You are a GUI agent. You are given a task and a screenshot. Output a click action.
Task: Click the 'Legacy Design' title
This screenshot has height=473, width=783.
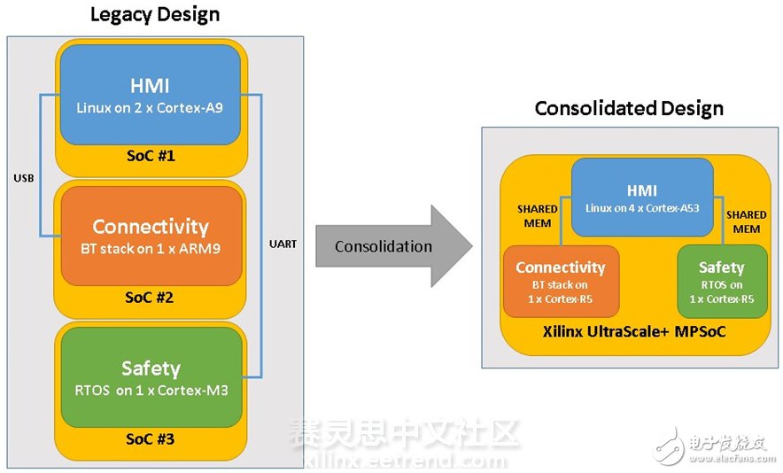(x=155, y=15)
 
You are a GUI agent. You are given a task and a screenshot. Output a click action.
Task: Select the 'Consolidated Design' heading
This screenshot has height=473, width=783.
(x=629, y=109)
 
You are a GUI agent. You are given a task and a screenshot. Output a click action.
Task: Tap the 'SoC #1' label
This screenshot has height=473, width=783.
(x=151, y=156)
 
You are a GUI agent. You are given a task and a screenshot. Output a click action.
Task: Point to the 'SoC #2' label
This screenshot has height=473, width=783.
(x=151, y=298)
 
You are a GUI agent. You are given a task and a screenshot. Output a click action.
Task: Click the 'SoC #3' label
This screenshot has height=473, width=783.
(x=151, y=438)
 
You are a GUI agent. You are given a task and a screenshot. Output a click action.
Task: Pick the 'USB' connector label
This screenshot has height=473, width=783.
(x=23, y=178)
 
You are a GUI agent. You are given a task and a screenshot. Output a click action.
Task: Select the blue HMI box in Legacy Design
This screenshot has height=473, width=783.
(x=151, y=94)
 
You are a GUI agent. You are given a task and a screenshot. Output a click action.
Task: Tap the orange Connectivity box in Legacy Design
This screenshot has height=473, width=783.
(x=151, y=236)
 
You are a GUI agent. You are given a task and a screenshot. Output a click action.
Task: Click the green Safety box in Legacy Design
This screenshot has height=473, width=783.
(x=151, y=376)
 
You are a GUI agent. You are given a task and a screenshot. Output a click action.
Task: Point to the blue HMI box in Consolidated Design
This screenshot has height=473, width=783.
(x=642, y=198)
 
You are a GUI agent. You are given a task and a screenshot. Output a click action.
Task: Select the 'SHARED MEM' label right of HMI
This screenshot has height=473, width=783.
(x=746, y=221)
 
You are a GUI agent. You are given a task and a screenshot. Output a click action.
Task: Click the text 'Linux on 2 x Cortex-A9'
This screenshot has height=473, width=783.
(x=151, y=108)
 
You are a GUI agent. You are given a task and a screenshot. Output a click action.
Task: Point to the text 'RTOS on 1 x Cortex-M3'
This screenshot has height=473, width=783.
(x=151, y=390)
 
